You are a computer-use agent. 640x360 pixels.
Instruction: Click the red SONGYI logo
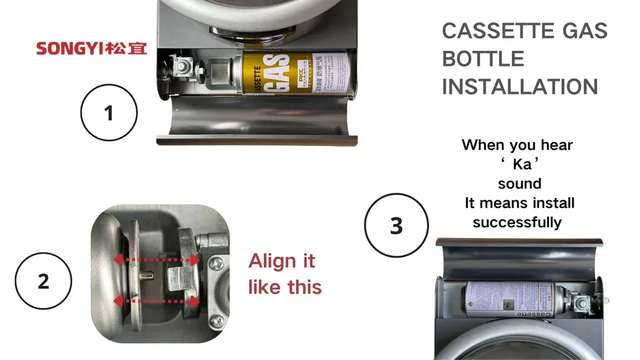pyautogui.click(x=91, y=48)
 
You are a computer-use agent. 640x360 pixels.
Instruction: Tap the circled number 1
pyautogui.click(x=109, y=113)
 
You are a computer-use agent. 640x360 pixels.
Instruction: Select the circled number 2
pyautogui.click(x=43, y=281)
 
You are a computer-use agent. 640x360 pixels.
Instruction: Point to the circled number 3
pyautogui.click(x=396, y=226)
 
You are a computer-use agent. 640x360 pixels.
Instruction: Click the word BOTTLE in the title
pyautogui.click(x=483, y=59)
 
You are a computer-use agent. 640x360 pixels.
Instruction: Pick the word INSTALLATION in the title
pyautogui.click(x=520, y=86)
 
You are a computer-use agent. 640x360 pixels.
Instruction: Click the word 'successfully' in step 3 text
pyautogui.click(x=517, y=222)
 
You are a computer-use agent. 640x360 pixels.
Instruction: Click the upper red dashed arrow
pyautogui.click(x=157, y=260)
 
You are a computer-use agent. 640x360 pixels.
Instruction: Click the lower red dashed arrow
pyautogui.click(x=157, y=300)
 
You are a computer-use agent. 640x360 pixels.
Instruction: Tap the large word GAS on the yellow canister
pyautogui.click(x=277, y=72)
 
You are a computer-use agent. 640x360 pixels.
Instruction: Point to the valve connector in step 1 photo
pyautogui.click(x=182, y=68)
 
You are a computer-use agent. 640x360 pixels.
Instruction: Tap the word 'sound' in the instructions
pyautogui.click(x=519, y=184)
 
